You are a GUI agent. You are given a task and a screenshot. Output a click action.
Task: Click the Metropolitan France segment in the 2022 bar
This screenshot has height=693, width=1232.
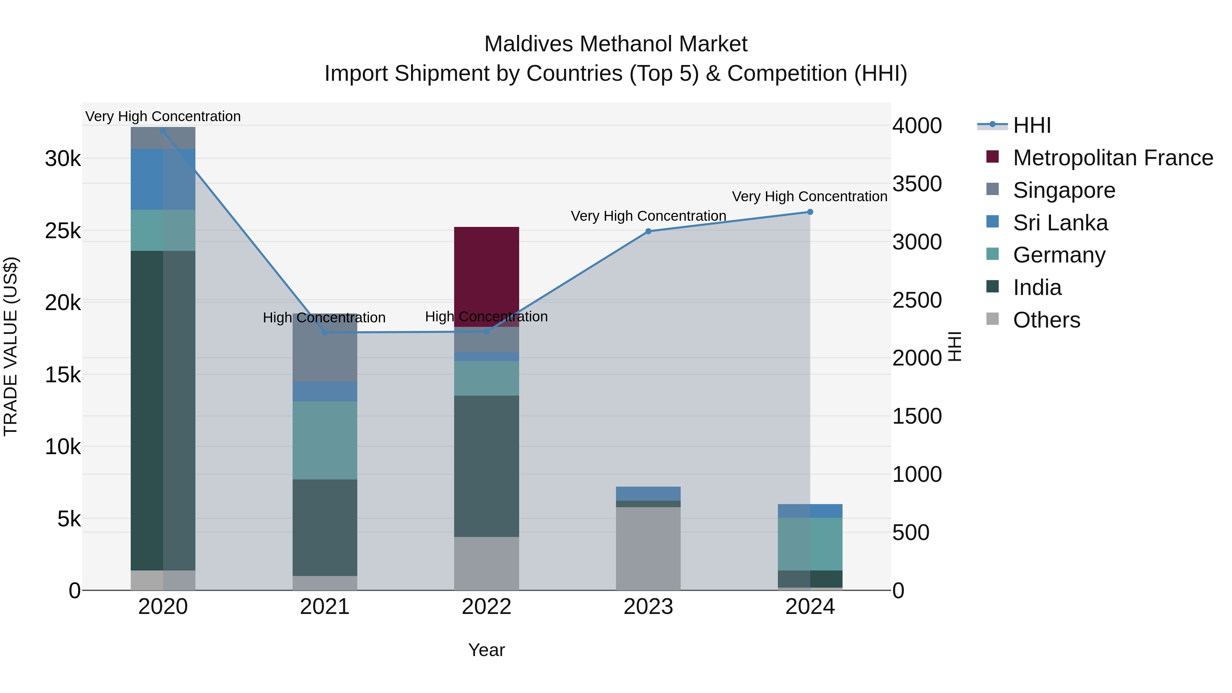pos(486,277)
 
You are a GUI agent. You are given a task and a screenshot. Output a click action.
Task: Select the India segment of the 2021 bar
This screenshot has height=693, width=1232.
pos(325,527)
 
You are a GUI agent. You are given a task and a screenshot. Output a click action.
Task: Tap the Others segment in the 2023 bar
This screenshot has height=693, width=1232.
pos(648,548)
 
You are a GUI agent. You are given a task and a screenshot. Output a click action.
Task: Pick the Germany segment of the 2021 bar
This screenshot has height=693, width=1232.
pos(325,440)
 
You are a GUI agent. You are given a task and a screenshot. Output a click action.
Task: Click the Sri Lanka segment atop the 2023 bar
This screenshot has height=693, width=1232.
pos(648,493)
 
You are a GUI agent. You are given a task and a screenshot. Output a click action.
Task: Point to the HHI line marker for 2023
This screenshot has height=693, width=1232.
pos(648,231)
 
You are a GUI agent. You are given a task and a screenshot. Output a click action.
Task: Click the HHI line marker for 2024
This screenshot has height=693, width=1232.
pos(810,212)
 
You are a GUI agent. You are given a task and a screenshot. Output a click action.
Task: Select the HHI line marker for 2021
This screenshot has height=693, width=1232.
pos(325,332)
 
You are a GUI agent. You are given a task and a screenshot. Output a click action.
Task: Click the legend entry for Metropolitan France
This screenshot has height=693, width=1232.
pos(1113,158)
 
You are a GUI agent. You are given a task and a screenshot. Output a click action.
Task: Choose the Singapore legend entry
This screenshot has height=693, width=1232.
pos(1064,190)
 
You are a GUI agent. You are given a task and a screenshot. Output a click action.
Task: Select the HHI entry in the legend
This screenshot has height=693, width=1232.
pos(1031,125)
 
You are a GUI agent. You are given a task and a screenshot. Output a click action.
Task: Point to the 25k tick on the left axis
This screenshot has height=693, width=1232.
pos(63,231)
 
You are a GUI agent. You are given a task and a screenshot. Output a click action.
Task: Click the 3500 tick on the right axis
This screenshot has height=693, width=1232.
pos(917,184)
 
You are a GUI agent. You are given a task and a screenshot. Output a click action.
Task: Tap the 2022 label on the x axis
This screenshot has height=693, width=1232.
pos(486,607)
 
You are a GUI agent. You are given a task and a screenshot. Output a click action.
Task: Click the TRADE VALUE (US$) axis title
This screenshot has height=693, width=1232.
pos(11,346)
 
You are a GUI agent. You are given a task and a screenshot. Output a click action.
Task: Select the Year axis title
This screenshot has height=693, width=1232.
pos(486,650)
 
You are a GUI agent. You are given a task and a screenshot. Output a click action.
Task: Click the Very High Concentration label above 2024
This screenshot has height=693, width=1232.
pos(809,196)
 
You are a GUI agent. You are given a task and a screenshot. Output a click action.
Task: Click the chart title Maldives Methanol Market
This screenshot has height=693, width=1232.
pos(616,44)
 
